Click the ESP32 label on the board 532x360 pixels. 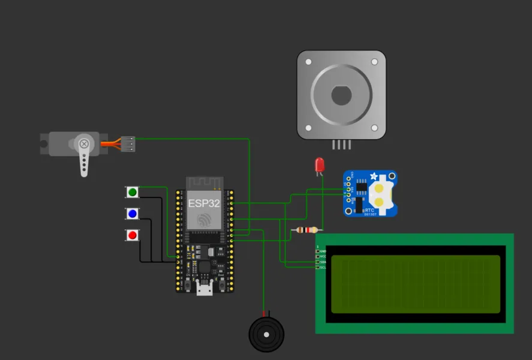pyautogui.click(x=204, y=203)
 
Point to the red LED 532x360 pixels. pyautogui.click(x=320, y=164)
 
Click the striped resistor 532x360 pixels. pyautogui.click(x=308, y=230)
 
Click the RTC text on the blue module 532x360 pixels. pyautogui.click(x=370, y=210)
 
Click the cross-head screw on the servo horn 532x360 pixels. pyautogui.click(x=85, y=144)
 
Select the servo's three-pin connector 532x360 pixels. pyautogui.click(x=128, y=144)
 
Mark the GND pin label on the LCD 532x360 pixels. pyautogui.click(x=323, y=251)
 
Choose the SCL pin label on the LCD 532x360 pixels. pyautogui.click(x=323, y=268)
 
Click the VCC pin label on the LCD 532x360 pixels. pyautogui.click(x=323, y=256)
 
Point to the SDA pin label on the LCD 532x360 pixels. pyautogui.click(x=323, y=262)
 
